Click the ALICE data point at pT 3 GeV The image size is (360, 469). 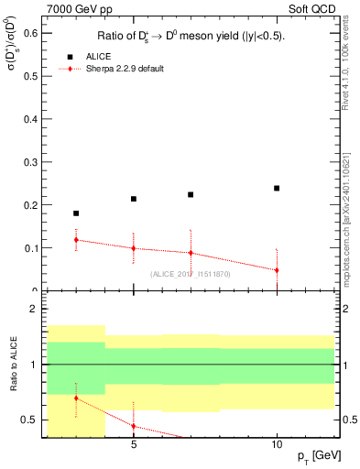76,213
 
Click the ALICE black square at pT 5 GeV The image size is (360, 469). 134,199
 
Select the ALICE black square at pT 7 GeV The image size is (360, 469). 191,194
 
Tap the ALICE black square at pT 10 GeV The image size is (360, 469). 277,188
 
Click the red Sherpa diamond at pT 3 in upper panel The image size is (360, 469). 76,240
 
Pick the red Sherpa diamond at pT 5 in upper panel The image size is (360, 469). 134,248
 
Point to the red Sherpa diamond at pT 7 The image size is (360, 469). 191,253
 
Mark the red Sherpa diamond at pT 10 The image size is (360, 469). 277,270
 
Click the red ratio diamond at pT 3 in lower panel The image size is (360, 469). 76,398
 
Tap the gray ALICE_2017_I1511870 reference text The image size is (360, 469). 191,274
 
